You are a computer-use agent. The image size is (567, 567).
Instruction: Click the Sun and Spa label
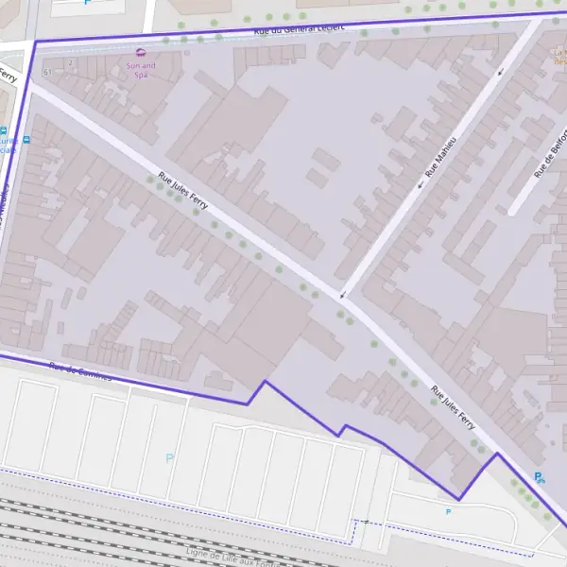[x=142, y=69]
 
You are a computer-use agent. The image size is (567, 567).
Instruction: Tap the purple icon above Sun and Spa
[x=142, y=52]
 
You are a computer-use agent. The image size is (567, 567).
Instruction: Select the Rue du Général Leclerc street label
[x=300, y=29]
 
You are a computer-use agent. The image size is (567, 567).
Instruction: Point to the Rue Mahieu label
[x=440, y=157]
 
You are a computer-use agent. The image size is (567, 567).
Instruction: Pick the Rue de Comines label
[x=79, y=372]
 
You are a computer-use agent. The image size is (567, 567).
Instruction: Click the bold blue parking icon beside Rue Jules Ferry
[x=539, y=478]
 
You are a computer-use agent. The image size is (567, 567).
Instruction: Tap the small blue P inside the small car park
[x=448, y=511]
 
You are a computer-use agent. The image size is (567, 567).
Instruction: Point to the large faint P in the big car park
[x=170, y=459]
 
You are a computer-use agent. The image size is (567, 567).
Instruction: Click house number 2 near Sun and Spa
[x=70, y=63]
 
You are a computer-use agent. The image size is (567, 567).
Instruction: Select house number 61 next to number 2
[x=46, y=72]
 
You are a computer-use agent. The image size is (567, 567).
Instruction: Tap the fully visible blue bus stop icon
[x=26, y=139]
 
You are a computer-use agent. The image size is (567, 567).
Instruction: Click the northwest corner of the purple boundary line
[x=35, y=41]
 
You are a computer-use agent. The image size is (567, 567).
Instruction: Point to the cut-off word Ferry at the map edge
[x=7, y=74]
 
